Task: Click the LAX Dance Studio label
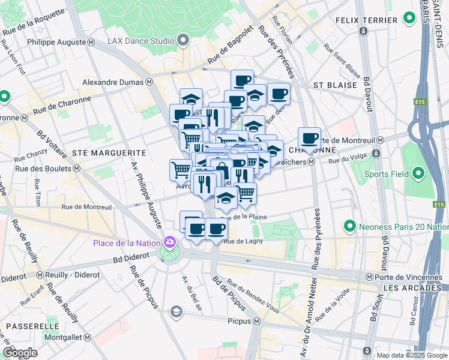pyautogui.click(x=141, y=41)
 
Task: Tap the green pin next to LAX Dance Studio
pyautogui.click(x=184, y=41)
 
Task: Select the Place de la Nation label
pyautogui.click(x=126, y=242)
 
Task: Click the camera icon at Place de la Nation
pyautogui.click(x=170, y=242)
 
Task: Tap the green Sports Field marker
pyautogui.click(x=418, y=175)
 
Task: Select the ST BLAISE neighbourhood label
pyautogui.click(x=335, y=85)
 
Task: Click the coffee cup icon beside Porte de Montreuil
pyautogui.click(x=309, y=139)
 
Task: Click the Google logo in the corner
pyautogui.click(x=20, y=353)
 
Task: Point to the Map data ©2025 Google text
pyautogui.click(x=411, y=355)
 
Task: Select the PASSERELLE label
pyautogui.click(x=29, y=325)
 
